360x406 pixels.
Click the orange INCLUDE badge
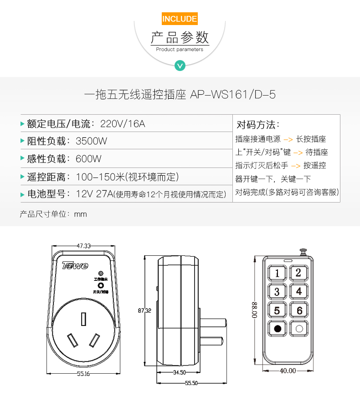pyautogui.click(x=180, y=19)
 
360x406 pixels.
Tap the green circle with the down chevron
pyautogui.click(x=180, y=66)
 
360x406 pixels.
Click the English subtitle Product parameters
pyautogui.click(x=180, y=50)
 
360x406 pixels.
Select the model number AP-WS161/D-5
pyautogui.click(x=233, y=95)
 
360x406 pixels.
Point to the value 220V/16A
pyautogui.click(x=123, y=124)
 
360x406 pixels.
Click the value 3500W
pyautogui.click(x=91, y=141)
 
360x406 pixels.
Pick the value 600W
pyautogui.click(x=88, y=159)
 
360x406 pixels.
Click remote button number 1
pyautogui.click(x=277, y=273)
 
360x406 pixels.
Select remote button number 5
pyautogui.click(x=277, y=310)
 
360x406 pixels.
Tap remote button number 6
pyautogui.click(x=299, y=310)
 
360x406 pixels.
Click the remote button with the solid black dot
pyautogui.click(x=277, y=329)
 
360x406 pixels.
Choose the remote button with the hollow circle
pyautogui.click(x=299, y=329)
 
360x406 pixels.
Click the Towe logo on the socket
pyautogui.click(x=75, y=265)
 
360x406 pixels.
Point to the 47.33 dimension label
pyautogui.click(x=84, y=246)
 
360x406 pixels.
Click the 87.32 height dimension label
pyautogui.click(x=144, y=310)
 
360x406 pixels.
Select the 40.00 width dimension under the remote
pyautogui.click(x=288, y=371)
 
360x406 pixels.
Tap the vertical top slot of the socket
pyautogui.click(x=83, y=319)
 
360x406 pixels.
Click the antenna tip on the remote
pyautogui.click(x=303, y=251)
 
